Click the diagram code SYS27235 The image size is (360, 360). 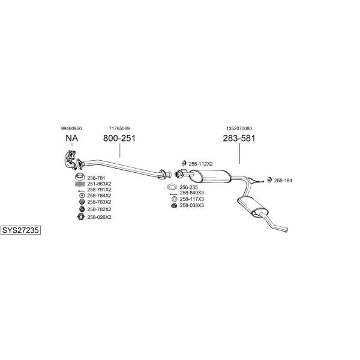click(x=20, y=230)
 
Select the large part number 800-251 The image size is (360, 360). click(x=119, y=138)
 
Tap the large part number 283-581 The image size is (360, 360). click(x=239, y=138)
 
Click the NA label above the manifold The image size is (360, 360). click(x=72, y=138)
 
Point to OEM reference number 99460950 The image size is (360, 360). click(x=71, y=128)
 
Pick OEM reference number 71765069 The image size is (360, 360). click(x=119, y=128)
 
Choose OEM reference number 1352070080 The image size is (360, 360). click(x=239, y=128)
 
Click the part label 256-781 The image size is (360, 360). click(x=96, y=178)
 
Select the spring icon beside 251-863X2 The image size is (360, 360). click(x=80, y=184)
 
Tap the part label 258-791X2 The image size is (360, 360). click(x=99, y=190)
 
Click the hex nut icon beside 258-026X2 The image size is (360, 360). click(x=80, y=217)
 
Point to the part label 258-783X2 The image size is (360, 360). click(x=99, y=202)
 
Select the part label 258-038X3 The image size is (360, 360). click(x=192, y=205)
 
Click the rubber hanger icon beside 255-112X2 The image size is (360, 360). click(x=184, y=163)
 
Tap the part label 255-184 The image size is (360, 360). click(x=283, y=181)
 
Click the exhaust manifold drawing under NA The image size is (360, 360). click(x=70, y=160)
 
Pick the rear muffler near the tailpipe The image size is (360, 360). click(x=252, y=206)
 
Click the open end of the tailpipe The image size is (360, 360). click(x=287, y=230)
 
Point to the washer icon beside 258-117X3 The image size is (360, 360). click(x=174, y=199)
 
